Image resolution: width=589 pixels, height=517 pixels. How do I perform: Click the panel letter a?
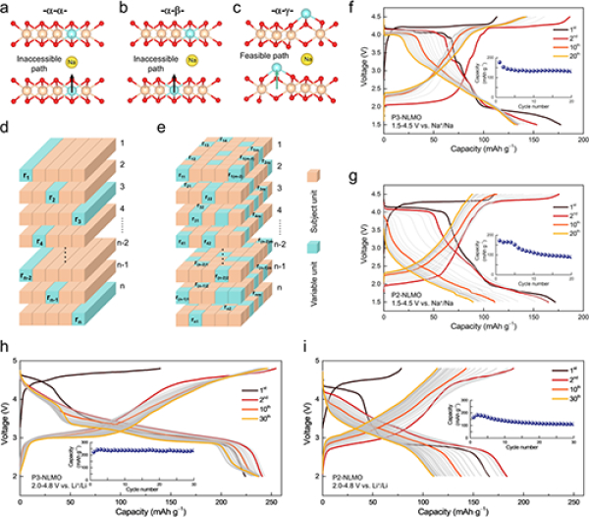coord(7,8)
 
